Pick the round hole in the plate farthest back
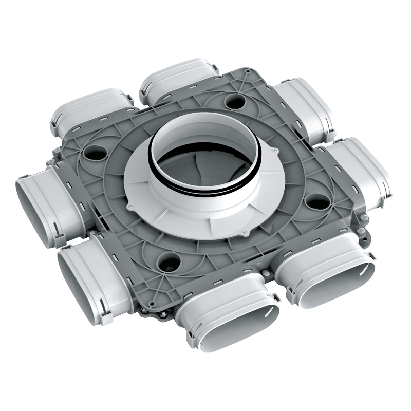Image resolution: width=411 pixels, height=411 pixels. tap(235, 102)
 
